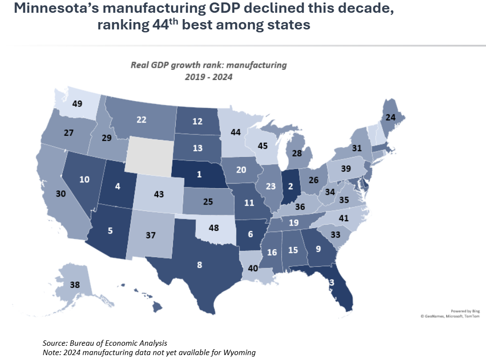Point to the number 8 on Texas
pyautogui.click(x=199, y=265)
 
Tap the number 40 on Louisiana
pyautogui.click(x=253, y=269)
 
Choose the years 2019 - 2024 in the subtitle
pyautogui.click(x=208, y=77)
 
